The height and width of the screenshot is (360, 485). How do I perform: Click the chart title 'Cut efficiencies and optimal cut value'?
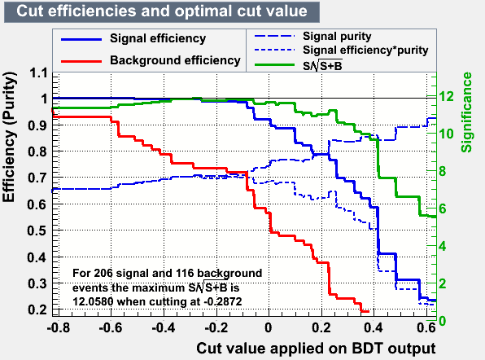(162, 11)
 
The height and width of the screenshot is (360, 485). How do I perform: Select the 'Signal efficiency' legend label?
(158, 39)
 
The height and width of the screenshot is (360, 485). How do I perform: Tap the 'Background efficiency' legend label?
(175, 60)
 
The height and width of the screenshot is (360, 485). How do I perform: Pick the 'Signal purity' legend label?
(337, 37)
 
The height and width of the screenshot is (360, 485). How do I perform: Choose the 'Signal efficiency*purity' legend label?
(365, 50)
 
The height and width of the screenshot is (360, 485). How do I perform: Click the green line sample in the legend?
(275, 65)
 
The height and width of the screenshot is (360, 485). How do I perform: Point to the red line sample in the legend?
(81, 61)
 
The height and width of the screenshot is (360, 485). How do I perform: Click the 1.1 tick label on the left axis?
(38, 73)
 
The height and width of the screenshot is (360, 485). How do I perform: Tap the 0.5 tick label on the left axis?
(37, 230)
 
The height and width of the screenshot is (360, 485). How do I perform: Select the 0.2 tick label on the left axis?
(37, 310)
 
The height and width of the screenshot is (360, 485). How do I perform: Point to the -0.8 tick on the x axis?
(58, 327)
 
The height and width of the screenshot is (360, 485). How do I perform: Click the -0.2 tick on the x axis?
(216, 327)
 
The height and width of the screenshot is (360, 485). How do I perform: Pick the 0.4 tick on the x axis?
(374, 327)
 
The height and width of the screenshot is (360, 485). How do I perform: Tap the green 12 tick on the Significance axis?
(447, 97)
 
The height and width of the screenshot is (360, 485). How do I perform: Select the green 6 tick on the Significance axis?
(443, 209)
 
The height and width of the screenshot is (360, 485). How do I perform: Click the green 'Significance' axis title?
(466, 112)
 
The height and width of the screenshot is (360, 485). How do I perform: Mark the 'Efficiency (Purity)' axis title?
(9, 137)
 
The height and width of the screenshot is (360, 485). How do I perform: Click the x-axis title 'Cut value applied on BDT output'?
(316, 349)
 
